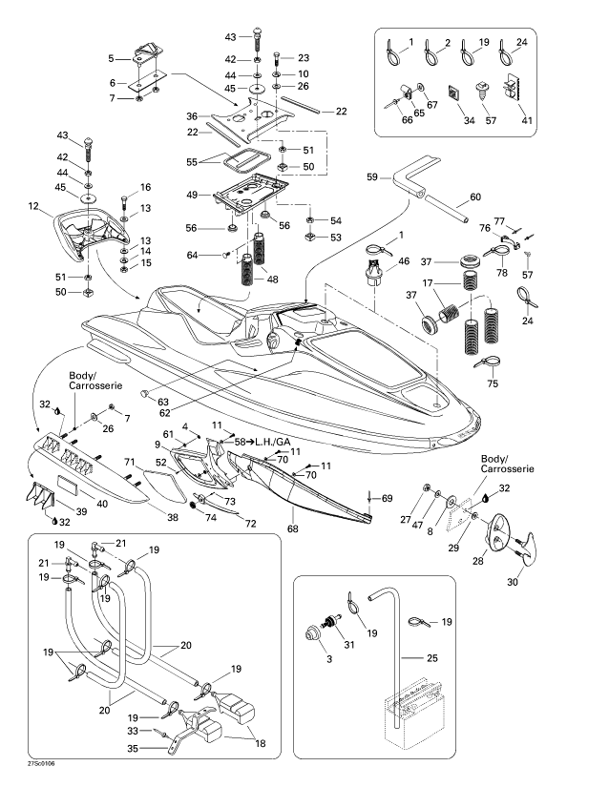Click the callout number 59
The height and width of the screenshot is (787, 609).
pyautogui.click(x=373, y=176)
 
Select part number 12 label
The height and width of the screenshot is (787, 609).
pyautogui.click(x=32, y=206)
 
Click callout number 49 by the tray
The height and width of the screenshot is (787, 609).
pyautogui.click(x=192, y=195)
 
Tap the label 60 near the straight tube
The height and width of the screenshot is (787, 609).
pyautogui.click(x=476, y=199)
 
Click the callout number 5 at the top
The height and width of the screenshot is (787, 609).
pyautogui.click(x=112, y=57)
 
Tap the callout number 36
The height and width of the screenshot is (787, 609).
pyautogui.click(x=193, y=116)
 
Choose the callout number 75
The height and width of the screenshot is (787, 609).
pyautogui.click(x=493, y=384)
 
